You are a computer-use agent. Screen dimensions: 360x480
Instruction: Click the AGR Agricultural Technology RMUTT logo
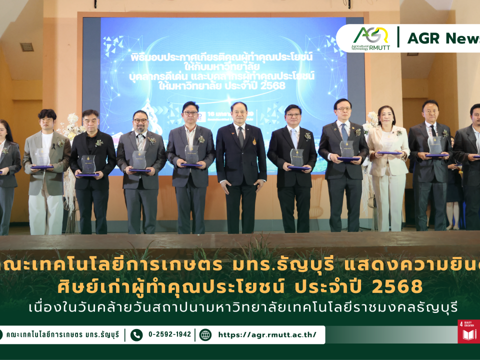[370, 38]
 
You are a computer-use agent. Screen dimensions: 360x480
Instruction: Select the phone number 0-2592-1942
[169, 334]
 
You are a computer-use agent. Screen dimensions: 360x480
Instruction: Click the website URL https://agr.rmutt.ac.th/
[267, 334]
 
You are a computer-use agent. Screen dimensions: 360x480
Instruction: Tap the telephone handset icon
[136, 334]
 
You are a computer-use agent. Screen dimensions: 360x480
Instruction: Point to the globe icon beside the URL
[205, 334]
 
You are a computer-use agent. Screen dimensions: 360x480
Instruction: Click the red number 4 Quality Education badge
[468, 331]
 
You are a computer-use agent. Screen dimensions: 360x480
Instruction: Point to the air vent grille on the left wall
[27, 47]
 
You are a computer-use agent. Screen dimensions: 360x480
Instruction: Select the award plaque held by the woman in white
[387, 147]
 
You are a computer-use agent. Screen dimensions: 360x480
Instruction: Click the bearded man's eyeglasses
[140, 120]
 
